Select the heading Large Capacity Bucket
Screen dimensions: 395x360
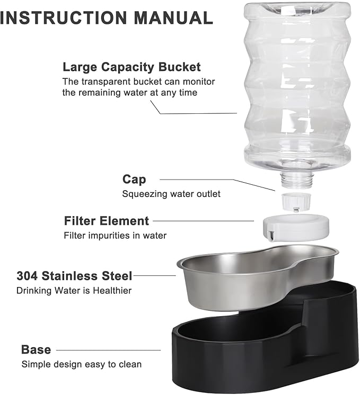pos(131,67)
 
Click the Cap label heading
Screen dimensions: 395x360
pos(134,179)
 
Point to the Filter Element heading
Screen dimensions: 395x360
pos(106,221)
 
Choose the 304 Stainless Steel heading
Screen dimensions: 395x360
pos(74,276)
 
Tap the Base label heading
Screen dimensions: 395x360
pos(36,350)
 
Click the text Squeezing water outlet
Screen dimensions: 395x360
pos(171,194)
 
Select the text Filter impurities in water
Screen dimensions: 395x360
pos(115,236)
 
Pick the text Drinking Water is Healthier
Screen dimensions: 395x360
pos(73,290)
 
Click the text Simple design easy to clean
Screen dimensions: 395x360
pos(82,364)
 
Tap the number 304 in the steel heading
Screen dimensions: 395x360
pos(27,276)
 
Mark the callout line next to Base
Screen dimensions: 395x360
pos(108,350)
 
